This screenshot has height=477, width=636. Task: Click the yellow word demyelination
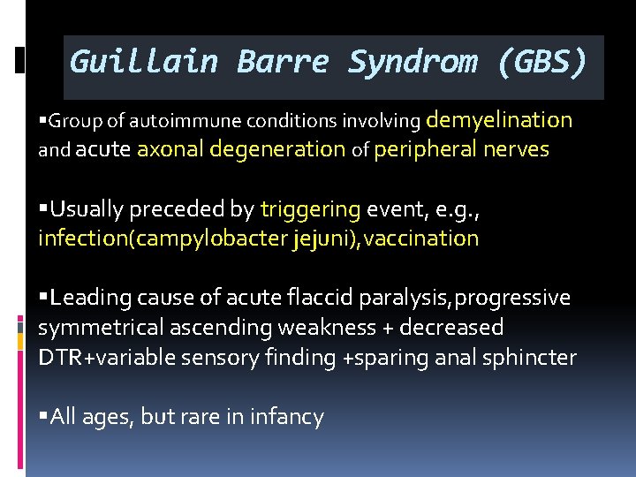point(500,119)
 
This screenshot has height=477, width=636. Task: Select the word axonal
point(169,150)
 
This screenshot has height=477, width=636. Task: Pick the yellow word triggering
point(310,209)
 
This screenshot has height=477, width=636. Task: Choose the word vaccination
point(420,238)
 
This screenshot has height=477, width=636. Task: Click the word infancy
point(288,416)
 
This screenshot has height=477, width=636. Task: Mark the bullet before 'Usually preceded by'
point(43,209)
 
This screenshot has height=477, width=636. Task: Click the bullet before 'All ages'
point(43,416)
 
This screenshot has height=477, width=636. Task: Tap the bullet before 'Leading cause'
point(43,298)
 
